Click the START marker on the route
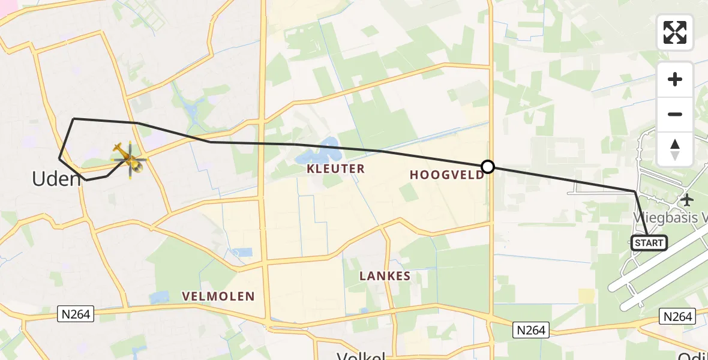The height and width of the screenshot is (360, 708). (649, 243)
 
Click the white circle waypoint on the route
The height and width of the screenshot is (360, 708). (488, 167)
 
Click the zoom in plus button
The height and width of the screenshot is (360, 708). (675, 79)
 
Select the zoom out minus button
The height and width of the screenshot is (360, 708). (675, 114)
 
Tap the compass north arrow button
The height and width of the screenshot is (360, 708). (675, 149)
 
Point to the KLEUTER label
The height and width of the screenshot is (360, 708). (335, 169)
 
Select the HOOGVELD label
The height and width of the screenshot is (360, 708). (447, 175)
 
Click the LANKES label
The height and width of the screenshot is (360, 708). (385, 276)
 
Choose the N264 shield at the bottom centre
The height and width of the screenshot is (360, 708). (532, 330)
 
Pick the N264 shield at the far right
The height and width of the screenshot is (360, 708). (677, 316)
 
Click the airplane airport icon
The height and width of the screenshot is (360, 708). (688, 200)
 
